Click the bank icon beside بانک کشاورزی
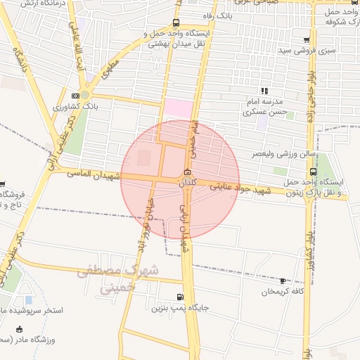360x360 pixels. pos(75,96)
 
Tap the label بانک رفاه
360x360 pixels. pos(216,15)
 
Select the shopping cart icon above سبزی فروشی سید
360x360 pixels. pos(307,40)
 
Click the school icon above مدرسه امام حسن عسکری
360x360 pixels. pos(264,91)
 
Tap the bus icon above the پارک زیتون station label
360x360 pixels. pos(313,171)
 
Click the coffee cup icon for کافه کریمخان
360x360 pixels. pos(283,281)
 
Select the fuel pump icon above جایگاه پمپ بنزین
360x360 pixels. pos(181,297)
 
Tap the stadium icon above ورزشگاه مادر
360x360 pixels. pos(18,329)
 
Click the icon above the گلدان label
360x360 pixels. pos(186,173)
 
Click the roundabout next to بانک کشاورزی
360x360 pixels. pos(85,95)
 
